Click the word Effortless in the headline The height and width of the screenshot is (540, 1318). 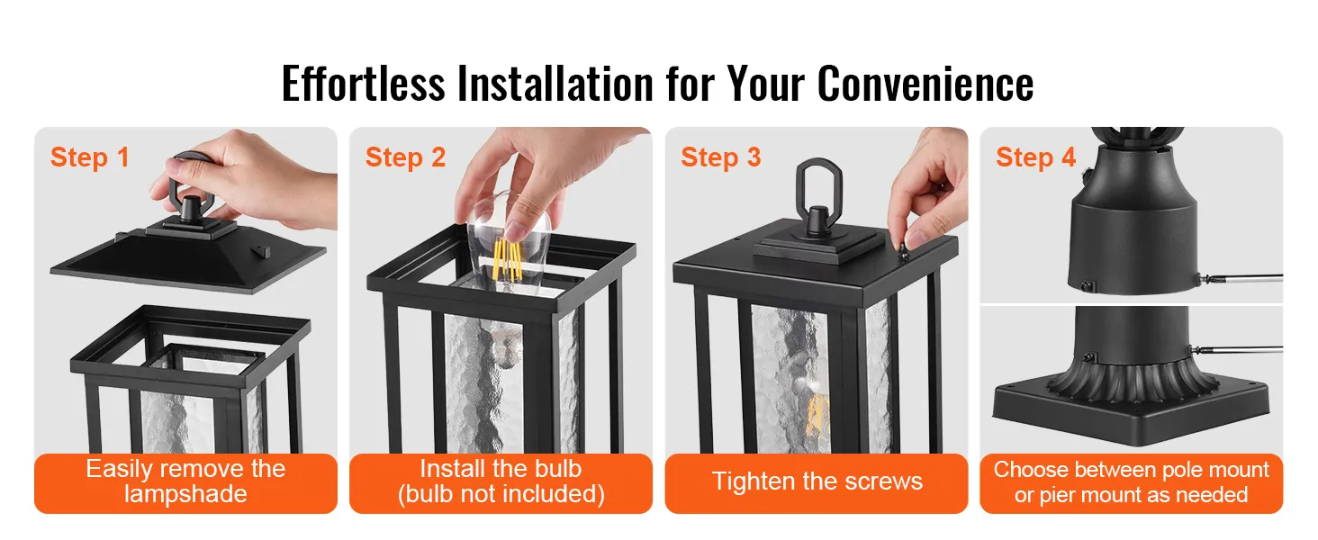point(363,84)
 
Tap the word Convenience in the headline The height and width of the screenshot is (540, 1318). point(925,84)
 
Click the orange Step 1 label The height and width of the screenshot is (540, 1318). point(89,157)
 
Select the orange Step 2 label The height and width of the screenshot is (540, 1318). point(405,157)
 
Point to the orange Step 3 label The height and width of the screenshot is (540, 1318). point(721,157)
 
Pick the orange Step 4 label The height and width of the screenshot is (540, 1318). point(1035,157)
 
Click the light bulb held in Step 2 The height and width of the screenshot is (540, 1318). point(510,241)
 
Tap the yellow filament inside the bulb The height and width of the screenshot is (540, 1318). point(507,259)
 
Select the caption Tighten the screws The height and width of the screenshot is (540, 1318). point(817,481)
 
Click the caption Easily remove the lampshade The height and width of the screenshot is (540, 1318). point(186,481)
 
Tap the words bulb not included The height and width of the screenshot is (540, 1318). point(501,495)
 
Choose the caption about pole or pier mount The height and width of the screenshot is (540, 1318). point(1131,482)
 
